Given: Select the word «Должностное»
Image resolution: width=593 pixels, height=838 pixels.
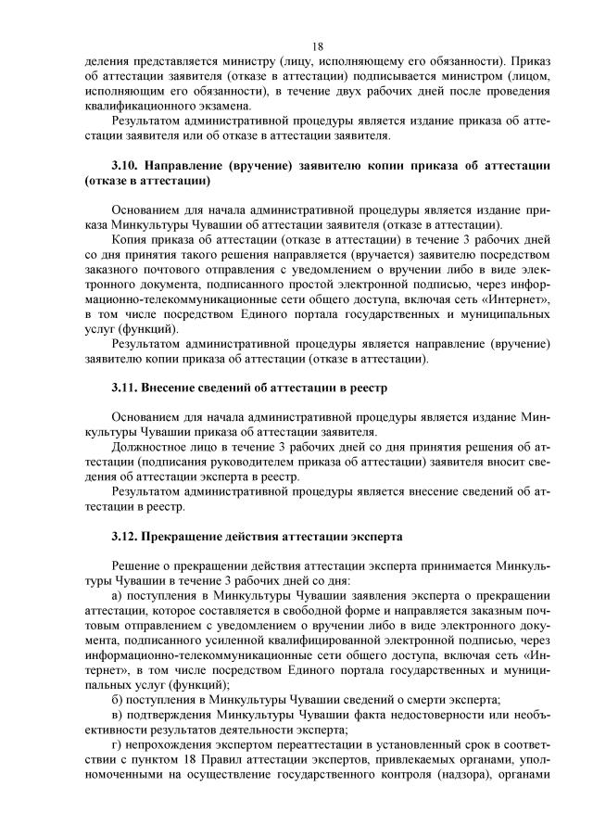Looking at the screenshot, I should pos(148,447).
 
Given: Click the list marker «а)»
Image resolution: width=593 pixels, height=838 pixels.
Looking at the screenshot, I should pos(117,596).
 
